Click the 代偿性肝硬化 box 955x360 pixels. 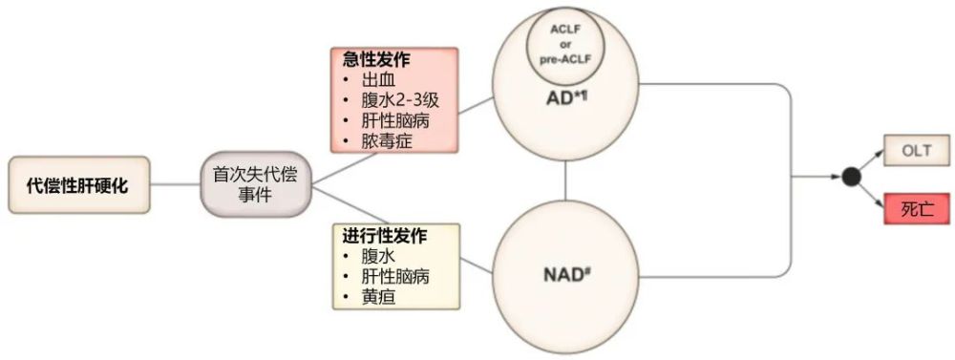(79, 184)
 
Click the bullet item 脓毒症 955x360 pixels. (384, 143)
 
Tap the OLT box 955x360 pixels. (915, 150)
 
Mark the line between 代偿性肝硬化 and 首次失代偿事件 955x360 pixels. (175, 184)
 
